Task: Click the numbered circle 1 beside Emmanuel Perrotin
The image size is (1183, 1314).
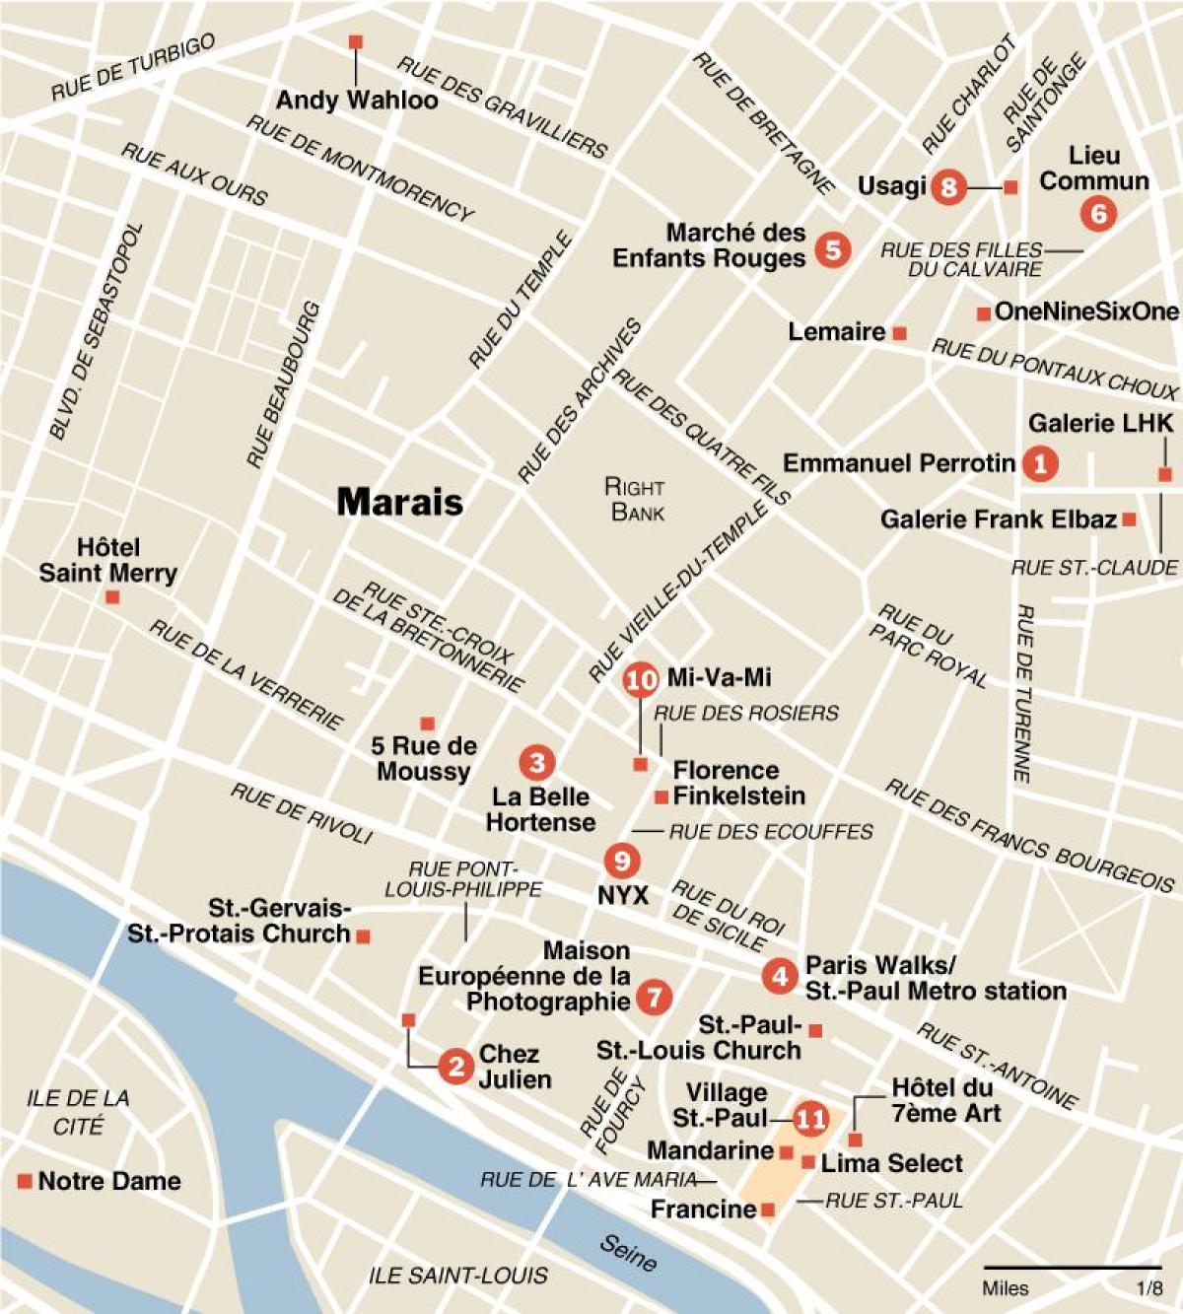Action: pos(1039,462)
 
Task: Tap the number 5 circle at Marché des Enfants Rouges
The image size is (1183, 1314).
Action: pos(832,249)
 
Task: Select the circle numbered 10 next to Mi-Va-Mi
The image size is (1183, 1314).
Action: pos(641,679)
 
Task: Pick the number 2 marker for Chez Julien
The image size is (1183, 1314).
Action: pos(455,1066)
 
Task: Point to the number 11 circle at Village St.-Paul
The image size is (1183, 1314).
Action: pos(811,1119)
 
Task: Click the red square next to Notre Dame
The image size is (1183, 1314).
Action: pos(25,1181)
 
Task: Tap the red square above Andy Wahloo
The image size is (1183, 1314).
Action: pos(356,42)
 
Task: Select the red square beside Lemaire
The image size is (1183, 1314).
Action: pos(899,334)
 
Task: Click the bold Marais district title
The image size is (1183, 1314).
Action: pos(399,502)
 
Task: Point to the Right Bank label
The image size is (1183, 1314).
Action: pos(636,500)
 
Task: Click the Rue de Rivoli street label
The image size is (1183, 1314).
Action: pos(302,813)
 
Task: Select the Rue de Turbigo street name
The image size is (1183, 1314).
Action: pos(133,68)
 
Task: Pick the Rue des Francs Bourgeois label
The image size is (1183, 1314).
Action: pos(1028,834)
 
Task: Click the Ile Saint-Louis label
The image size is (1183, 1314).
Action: pos(458,1276)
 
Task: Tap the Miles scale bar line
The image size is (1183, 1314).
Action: pos(1073,1267)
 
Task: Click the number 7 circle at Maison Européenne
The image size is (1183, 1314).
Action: pos(653,997)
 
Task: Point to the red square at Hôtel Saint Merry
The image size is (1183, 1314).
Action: pos(113,597)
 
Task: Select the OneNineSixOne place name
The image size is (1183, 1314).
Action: pos(1086,312)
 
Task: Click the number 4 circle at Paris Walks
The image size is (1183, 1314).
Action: pos(780,976)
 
